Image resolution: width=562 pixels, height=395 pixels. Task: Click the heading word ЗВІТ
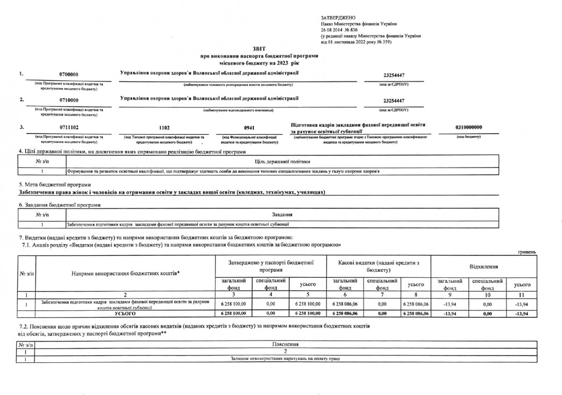pos(258,49)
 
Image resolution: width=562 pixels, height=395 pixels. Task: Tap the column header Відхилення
pos(483,266)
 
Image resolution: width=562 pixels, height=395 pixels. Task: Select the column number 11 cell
pos(522,295)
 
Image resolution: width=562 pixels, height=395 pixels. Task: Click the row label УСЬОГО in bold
pos(125,313)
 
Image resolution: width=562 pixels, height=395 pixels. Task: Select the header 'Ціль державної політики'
pos(282,162)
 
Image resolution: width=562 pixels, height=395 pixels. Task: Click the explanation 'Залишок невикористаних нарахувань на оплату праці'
pos(285,358)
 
